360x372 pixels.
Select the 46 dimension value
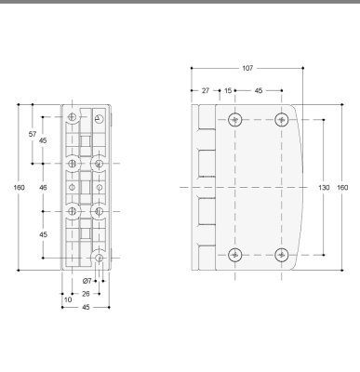point(43,188)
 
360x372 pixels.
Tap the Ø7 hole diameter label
point(87,281)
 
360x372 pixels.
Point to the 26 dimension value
point(86,294)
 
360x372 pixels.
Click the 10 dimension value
point(67,300)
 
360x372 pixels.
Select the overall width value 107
point(247,68)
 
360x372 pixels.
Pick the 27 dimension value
point(205,90)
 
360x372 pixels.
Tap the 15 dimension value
point(227,90)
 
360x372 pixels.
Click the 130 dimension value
point(324,188)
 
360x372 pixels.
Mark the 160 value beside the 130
point(342,188)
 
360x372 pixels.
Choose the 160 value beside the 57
point(19,188)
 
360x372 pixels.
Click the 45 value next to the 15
point(258,90)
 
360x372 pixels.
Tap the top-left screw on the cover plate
point(235,119)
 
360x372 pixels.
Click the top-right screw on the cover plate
point(282,119)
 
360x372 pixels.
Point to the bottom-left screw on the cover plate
point(235,255)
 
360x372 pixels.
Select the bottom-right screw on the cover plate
point(282,255)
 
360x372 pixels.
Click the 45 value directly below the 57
point(43,140)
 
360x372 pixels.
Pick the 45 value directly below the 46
point(43,234)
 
